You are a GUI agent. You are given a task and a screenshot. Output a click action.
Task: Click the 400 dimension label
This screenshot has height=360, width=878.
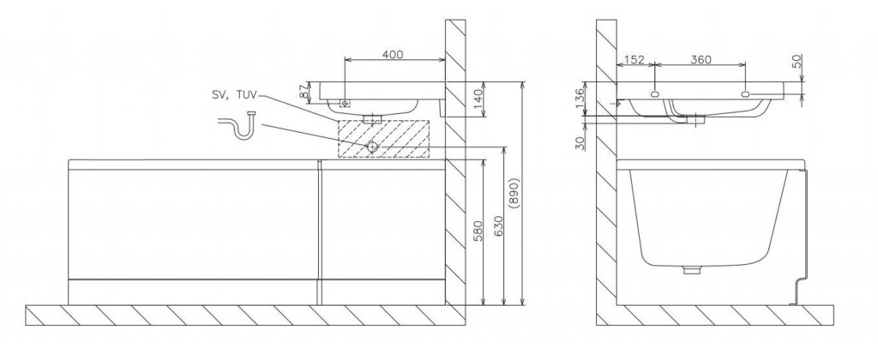(x=392, y=54)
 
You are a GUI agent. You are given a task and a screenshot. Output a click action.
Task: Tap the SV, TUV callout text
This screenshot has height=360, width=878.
(x=232, y=95)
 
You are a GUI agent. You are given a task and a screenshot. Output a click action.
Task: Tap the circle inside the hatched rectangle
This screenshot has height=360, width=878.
(x=372, y=147)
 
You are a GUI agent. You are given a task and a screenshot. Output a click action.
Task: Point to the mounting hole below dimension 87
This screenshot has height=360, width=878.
(x=345, y=103)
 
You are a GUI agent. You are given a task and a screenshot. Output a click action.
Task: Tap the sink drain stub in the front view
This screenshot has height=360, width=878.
(x=372, y=119)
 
